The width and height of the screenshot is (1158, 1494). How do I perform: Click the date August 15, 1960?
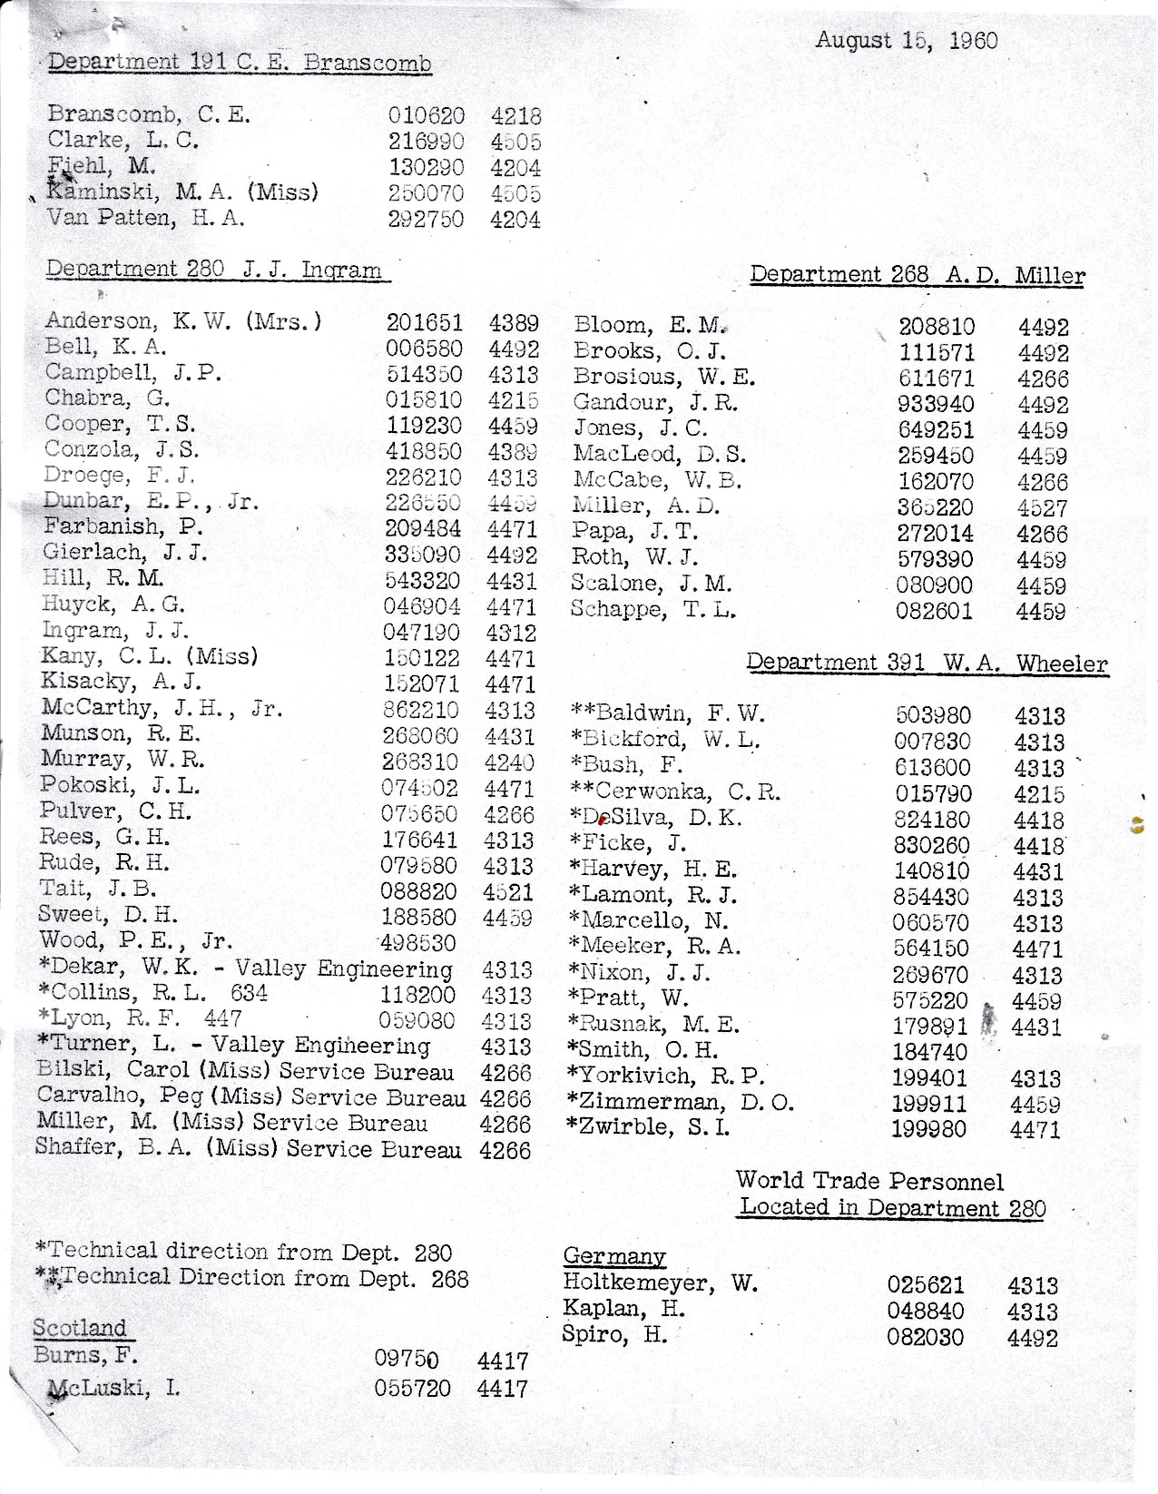point(906,41)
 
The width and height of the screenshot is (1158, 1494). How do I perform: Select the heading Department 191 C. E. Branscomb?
point(240,63)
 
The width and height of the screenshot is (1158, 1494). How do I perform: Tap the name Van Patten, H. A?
point(146,219)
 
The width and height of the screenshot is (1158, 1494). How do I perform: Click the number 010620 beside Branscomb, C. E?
point(427,116)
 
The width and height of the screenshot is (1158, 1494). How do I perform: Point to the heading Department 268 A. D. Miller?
point(917,275)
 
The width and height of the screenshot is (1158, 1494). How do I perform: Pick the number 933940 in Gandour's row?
point(936,405)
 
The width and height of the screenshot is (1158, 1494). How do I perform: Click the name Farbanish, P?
point(123,527)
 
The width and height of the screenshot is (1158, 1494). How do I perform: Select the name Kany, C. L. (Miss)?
point(149,656)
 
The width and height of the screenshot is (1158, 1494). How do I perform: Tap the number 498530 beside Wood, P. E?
point(418,944)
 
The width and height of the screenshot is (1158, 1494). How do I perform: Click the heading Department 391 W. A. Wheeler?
point(927,663)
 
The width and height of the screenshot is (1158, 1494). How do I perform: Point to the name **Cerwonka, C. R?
point(674,791)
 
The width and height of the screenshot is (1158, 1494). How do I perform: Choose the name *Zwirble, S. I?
point(647,1128)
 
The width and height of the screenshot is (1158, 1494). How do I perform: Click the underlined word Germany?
point(614,1256)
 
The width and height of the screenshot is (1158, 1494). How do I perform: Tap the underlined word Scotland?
point(80,1328)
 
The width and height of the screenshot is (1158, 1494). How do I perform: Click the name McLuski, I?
point(113,1388)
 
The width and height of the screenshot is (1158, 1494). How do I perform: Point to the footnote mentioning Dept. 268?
point(252,1279)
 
